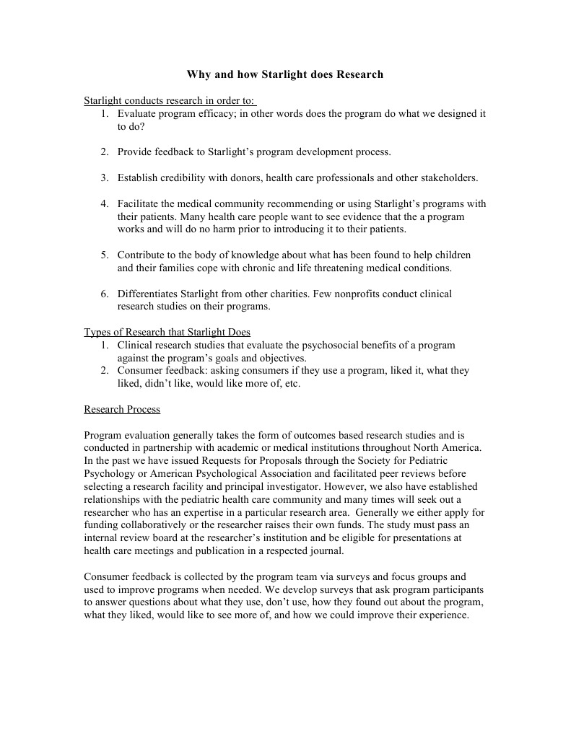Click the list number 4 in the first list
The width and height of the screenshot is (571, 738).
click(105, 203)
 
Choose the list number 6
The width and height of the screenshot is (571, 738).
click(105, 294)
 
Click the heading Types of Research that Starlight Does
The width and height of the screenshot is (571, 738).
click(167, 333)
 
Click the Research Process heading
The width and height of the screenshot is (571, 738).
click(122, 410)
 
